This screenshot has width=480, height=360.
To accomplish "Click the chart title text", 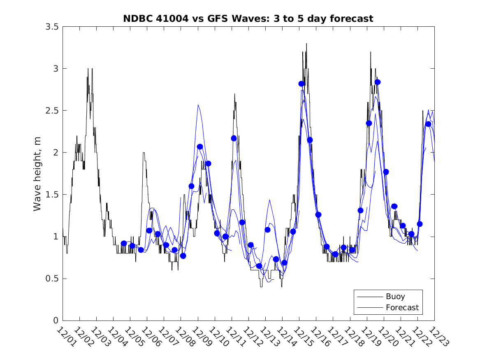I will click(248, 19).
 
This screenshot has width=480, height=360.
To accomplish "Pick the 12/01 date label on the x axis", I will click(65, 337).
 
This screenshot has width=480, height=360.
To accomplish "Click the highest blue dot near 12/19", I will click(378, 82).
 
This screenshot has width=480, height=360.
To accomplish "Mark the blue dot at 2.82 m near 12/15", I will click(301, 84).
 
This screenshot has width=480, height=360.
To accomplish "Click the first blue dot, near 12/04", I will click(124, 244).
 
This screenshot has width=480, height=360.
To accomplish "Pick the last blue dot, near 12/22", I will click(428, 124).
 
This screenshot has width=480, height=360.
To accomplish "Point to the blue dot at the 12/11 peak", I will click(234, 138).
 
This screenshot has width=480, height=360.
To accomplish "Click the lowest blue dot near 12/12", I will click(259, 266).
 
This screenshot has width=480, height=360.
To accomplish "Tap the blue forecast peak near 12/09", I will click(198, 105).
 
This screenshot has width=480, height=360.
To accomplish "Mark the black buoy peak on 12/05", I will click(144, 153).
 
